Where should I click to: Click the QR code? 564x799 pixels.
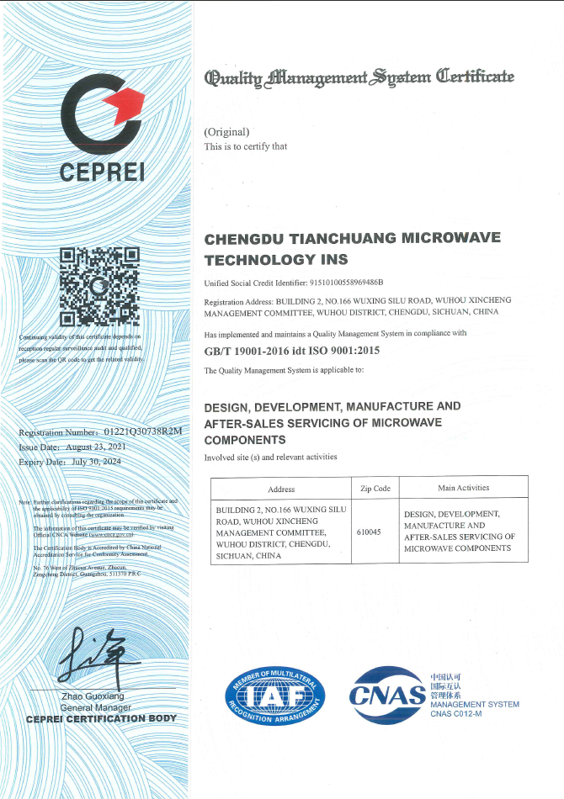click(99, 287)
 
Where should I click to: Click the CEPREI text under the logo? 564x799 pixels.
click(102, 172)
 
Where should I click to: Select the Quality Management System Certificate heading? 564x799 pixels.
click(359, 78)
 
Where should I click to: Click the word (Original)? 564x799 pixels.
click(227, 131)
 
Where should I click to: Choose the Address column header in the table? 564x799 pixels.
click(281, 489)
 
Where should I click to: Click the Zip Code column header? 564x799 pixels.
click(375, 488)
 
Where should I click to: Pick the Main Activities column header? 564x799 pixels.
click(463, 488)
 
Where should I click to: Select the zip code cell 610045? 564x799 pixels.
click(369, 532)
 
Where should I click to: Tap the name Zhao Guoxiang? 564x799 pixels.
click(93, 697)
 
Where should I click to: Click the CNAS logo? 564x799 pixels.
click(387, 695)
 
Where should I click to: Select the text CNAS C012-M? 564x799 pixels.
click(455, 714)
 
